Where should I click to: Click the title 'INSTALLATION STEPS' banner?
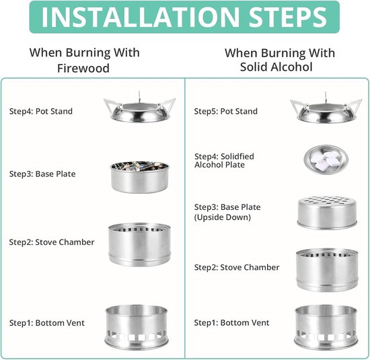point(184,17)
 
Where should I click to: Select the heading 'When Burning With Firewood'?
point(84,60)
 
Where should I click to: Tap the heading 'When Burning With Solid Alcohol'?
point(280,60)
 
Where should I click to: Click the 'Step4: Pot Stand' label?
point(41,111)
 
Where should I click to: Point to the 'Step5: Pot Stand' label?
point(225,111)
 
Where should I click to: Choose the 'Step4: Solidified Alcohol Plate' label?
point(224,161)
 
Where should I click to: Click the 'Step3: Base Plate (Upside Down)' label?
point(227,212)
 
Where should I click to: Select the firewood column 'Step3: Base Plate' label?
point(42,174)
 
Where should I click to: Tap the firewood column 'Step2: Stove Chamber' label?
point(52,242)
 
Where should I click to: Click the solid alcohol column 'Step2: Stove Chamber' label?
point(237,267)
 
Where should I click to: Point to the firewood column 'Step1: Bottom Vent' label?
point(46,323)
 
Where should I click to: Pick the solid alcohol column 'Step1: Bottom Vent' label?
point(231,323)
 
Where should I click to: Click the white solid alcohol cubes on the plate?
point(325,159)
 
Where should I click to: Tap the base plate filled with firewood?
point(140,177)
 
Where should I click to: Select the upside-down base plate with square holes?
point(327,213)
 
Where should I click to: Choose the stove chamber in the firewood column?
point(139,244)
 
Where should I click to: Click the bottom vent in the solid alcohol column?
point(326,328)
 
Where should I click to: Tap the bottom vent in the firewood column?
point(137,328)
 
